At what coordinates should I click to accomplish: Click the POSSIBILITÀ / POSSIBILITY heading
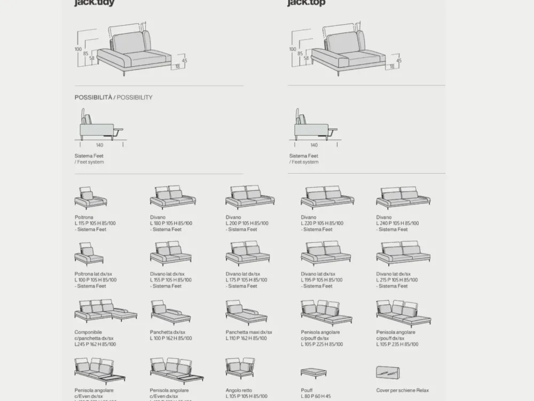click(x=113, y=97)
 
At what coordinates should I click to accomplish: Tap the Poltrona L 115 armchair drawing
click(x=90, y=198)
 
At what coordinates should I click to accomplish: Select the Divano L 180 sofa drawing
click(x=172, y=197)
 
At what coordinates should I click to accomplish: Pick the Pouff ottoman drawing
click(x=313, y=373)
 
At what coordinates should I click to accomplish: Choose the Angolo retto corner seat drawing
click(x=240, y=368)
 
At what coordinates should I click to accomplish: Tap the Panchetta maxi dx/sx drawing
click(x=246, y=312)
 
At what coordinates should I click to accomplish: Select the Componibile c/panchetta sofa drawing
click(x=105, y=310)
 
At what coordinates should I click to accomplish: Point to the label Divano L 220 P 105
click(x=322, y=223)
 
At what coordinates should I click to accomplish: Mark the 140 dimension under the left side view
click(x=99, y=145)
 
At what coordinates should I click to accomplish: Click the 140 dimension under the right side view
click(x=314, y=145)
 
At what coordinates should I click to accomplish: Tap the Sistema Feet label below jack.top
click(x=304, y=156)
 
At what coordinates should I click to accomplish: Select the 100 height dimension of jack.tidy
click(x=78, y=49)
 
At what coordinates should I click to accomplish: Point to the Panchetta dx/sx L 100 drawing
click(x=170, y=312)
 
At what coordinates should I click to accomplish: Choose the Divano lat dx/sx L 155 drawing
click(x=171, y=253)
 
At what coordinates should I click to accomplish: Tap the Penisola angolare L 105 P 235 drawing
click(x=403, y=313)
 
